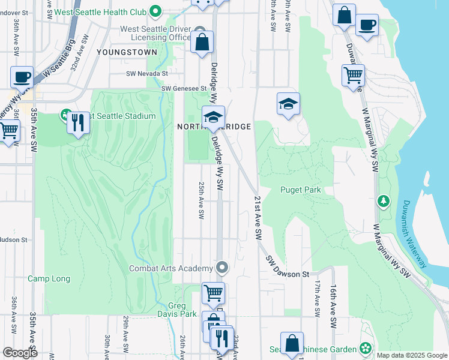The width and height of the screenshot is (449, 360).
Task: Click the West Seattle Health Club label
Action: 102,11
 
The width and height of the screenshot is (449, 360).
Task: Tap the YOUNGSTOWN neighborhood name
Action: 127,52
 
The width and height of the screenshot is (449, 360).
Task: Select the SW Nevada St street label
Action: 145,73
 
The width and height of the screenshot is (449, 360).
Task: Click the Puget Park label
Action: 301,190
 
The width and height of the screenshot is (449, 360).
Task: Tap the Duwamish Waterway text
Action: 415,233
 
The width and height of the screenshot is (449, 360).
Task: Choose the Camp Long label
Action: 49,279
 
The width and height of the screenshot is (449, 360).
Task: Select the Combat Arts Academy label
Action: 171,268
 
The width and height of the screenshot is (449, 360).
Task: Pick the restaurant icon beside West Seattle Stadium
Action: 78,123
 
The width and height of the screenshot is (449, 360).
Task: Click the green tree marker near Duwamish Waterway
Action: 382,200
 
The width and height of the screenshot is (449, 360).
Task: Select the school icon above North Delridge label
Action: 212,118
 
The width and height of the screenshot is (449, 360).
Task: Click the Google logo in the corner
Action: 20,353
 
